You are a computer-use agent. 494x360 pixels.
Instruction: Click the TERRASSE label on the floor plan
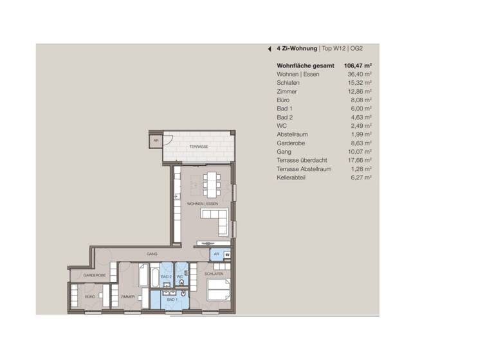[198, 147]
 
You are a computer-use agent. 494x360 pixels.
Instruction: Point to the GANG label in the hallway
[152, 254]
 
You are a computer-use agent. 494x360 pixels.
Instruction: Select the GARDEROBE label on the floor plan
[94, 275]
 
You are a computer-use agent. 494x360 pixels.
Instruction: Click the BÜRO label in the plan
[91, 297]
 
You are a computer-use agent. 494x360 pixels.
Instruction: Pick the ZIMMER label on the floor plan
[127, 297]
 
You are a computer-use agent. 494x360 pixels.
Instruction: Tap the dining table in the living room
[210, 184]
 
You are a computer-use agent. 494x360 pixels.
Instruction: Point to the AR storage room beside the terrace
[156, 141]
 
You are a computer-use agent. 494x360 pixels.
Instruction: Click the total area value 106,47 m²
[359, 66]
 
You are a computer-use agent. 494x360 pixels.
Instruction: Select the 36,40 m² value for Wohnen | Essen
[360, 75]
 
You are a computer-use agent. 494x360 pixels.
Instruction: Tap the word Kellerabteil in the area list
[291, 177]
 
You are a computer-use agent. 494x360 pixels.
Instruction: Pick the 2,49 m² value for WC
[361, 126]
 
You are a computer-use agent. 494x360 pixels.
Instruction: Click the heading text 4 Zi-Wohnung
[297, 48]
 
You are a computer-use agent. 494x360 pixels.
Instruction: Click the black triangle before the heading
[270, 48]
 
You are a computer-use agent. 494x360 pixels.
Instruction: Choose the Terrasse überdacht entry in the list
[302, 160]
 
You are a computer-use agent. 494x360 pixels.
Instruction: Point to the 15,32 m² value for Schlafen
[360, 83]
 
